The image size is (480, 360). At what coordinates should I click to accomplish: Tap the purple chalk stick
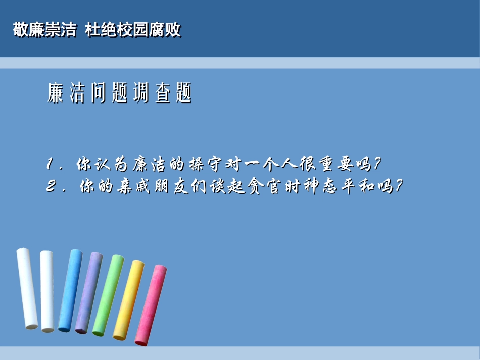coord(89,293)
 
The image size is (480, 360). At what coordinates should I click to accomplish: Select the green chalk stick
coord(108,295)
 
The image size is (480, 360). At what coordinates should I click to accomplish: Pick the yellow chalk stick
coord(128,300)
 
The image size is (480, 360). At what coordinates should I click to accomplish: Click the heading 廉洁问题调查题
coord(120,94)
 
